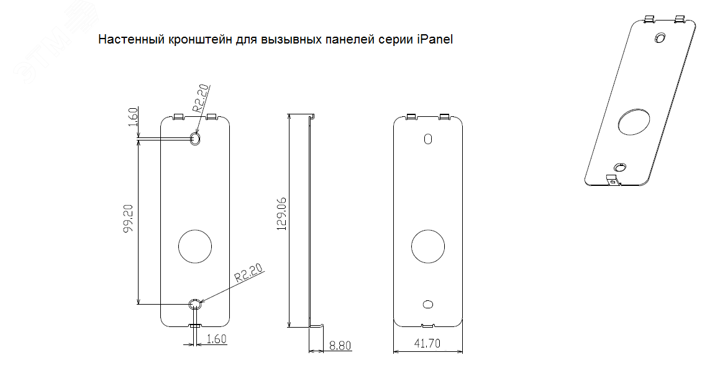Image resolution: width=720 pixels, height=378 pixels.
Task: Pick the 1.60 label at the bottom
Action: click(216, 339)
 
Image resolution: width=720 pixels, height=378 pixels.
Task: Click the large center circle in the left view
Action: click(195, 246)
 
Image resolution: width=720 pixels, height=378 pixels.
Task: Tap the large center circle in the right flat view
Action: click(427, 246)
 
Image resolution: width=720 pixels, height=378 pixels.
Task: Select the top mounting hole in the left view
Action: click(195, 138)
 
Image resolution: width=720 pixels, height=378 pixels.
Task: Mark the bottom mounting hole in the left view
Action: click(195, 304)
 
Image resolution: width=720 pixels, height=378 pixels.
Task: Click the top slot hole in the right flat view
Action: click(427, 139)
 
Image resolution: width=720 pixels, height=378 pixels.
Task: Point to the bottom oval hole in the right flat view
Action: click(427, 303)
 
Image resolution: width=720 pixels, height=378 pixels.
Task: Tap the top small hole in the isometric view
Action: click(660, 38)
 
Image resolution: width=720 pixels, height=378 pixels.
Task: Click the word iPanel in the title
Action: click(435, 40)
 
